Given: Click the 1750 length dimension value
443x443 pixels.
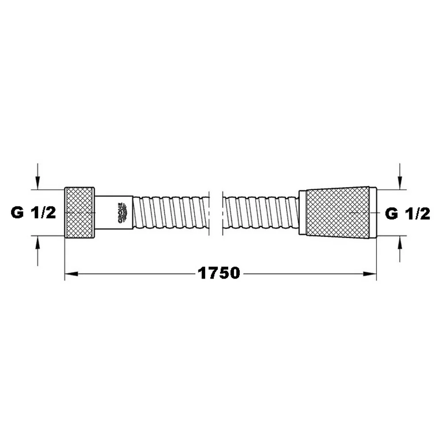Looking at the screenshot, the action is (x=219, y=273).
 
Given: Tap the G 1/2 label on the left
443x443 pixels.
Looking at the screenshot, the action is (x=33, y=213).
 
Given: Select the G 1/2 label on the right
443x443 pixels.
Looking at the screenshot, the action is (x=408, y=214).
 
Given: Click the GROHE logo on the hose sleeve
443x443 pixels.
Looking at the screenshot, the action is (x=122, y=213).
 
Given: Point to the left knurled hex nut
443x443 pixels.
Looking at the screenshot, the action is (x=80, y=212).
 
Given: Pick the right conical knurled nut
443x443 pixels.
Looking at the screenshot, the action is (x=338, y=212).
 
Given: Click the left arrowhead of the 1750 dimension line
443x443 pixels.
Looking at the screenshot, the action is (x=71, y=274).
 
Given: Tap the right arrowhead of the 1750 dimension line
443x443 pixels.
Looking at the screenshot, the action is (x=370, y=274).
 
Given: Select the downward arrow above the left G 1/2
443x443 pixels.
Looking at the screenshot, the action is (x=38, y=176).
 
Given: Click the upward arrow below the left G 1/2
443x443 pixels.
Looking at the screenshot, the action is (x=38, y=251).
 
